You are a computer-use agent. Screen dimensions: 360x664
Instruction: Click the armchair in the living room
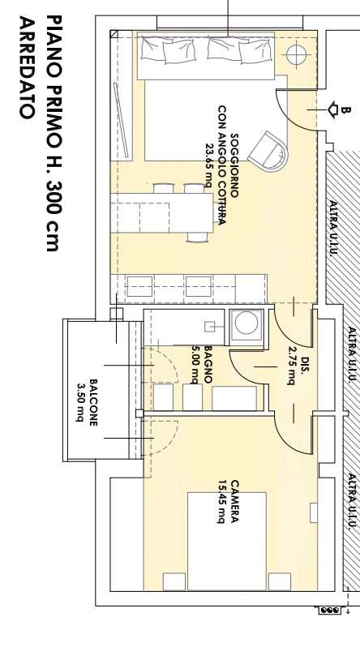(x=268, y=151)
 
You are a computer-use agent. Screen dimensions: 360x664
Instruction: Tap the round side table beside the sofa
(x=296, y=54)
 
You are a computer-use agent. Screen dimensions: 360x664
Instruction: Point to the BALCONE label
(x=93, y=402)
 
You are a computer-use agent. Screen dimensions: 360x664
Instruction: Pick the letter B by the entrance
(x=346, y=110)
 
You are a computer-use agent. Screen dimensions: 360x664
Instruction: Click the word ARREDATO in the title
(x=26, y=67)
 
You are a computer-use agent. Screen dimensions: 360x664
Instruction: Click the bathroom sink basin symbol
(x=210, y=327)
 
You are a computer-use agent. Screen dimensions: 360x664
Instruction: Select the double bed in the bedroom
(x=227, y=541)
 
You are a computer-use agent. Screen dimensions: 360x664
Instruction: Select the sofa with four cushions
(x=206, y=55)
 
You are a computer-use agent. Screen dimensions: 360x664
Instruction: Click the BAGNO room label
(x=208, y=365)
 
